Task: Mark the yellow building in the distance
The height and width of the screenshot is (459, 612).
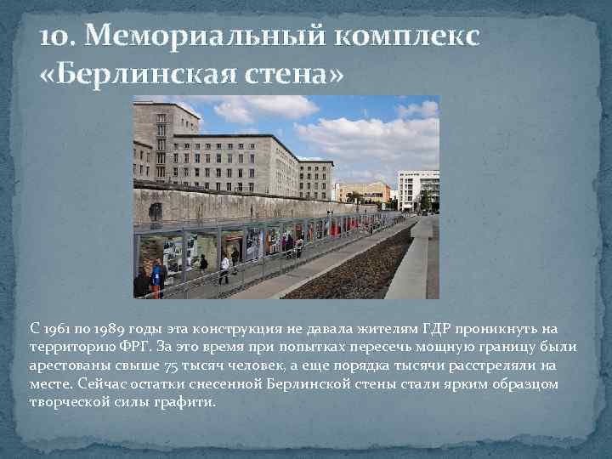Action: (363, 192)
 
